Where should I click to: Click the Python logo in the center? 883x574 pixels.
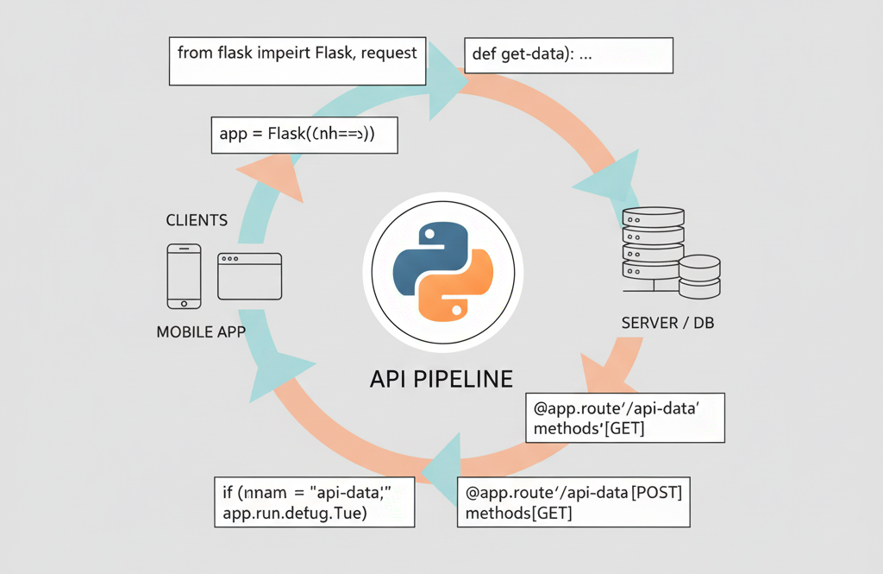442,269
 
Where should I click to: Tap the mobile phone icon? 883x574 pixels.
184,275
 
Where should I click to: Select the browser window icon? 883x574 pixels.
249,275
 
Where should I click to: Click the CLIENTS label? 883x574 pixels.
197,220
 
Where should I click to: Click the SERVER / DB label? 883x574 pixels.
667,324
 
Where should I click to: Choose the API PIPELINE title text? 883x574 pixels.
441,378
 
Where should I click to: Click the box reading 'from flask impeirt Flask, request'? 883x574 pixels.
297,60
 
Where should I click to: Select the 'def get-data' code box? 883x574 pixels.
568,55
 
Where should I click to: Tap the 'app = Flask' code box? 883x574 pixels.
304,136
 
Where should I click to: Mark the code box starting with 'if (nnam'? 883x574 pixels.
313,501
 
